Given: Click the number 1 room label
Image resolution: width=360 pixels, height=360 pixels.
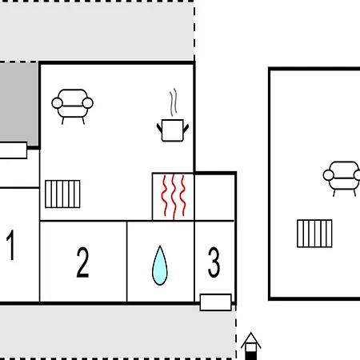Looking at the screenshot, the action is point(10,245).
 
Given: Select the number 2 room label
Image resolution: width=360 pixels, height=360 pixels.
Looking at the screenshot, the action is point(82,262).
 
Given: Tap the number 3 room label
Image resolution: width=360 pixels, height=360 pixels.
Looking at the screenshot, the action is point(214,262).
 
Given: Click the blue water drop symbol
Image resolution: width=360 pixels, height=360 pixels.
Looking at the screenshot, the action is point(160,266).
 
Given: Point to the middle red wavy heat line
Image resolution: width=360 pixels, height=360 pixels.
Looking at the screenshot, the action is point(174,197).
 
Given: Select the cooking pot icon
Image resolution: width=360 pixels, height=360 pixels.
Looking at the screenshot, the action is point(173,130).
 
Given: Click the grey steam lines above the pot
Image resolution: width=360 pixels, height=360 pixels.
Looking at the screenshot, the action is point(174,102).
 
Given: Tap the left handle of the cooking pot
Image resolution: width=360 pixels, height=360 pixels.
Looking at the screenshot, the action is point(159,128).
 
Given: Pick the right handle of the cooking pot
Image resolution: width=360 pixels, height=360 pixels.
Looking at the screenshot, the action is point(186,128).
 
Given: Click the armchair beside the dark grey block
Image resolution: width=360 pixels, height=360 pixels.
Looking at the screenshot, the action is point(72,106).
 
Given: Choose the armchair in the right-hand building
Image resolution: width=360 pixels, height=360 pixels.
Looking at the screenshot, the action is point(342,178).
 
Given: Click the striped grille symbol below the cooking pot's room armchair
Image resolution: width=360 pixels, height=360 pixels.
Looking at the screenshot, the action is point(62,194).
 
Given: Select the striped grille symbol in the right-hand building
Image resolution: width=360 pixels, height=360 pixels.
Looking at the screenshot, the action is point(314,234).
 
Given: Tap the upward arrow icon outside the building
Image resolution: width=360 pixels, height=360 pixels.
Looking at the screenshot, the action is point(250,346).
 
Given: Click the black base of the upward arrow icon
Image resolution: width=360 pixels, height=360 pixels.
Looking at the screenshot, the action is point(250,356).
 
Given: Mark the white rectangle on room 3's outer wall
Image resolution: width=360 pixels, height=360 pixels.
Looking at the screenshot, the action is point(215,302).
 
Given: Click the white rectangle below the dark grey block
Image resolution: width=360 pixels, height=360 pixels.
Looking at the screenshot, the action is point(14,150).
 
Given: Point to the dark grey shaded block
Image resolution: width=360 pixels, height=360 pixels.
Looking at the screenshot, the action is point(18,105).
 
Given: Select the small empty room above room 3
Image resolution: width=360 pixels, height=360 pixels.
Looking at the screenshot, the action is point(214,198).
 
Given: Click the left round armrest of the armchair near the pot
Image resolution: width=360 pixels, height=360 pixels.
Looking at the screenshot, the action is point(57,103).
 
